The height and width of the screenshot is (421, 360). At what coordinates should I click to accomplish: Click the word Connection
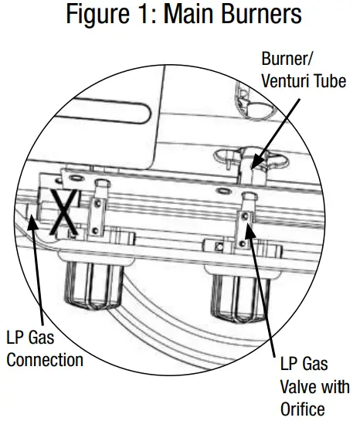46,359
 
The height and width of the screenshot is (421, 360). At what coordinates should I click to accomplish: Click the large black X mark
63,211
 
